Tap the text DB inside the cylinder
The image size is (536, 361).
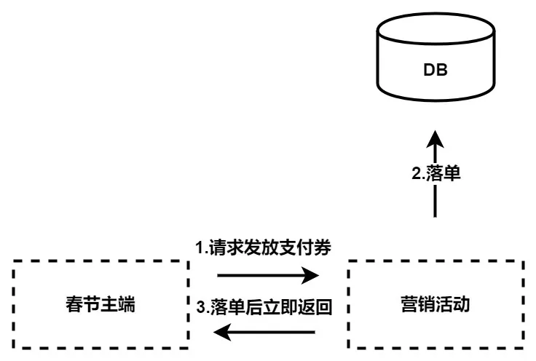(435, 71)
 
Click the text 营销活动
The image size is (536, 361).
(435, 304)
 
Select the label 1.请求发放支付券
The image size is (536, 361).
(264, 247)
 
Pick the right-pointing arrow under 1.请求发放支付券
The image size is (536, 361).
(266, 275)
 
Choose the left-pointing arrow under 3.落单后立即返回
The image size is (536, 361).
(266, 333)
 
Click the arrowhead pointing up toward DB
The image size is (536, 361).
(435, 139)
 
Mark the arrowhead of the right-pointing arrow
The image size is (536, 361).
(312, 275)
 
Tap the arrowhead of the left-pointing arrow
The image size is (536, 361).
(220, 333)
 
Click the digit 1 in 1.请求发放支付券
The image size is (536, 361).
(200, 247)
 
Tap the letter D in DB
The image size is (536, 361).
(429, 71)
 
